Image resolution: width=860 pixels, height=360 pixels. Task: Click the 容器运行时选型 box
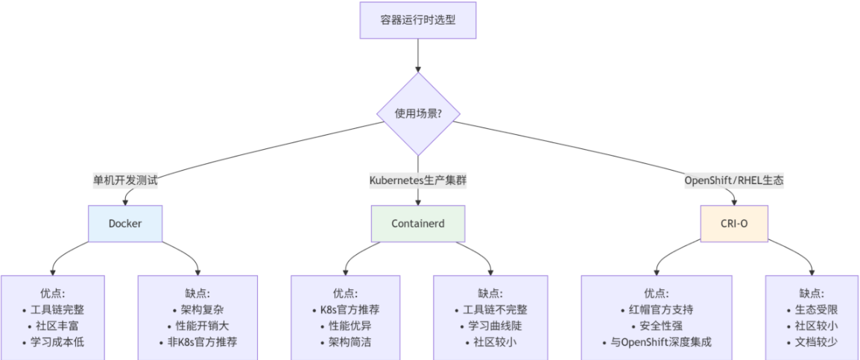pos(417,20)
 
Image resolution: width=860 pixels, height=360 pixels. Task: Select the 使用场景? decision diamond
pos(417,114)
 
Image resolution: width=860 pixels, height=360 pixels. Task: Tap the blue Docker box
pos(125,223)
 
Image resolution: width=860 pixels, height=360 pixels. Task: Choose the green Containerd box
pos(417,223)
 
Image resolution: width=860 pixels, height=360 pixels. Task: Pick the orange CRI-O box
pos(734,223)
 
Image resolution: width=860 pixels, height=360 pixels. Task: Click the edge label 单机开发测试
pos(125,180)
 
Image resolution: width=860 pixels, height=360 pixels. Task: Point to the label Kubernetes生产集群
pos(417,180)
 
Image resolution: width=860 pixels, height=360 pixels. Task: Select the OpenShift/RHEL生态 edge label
pos(734,180)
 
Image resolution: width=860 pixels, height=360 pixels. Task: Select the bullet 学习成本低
pos(57,342)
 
